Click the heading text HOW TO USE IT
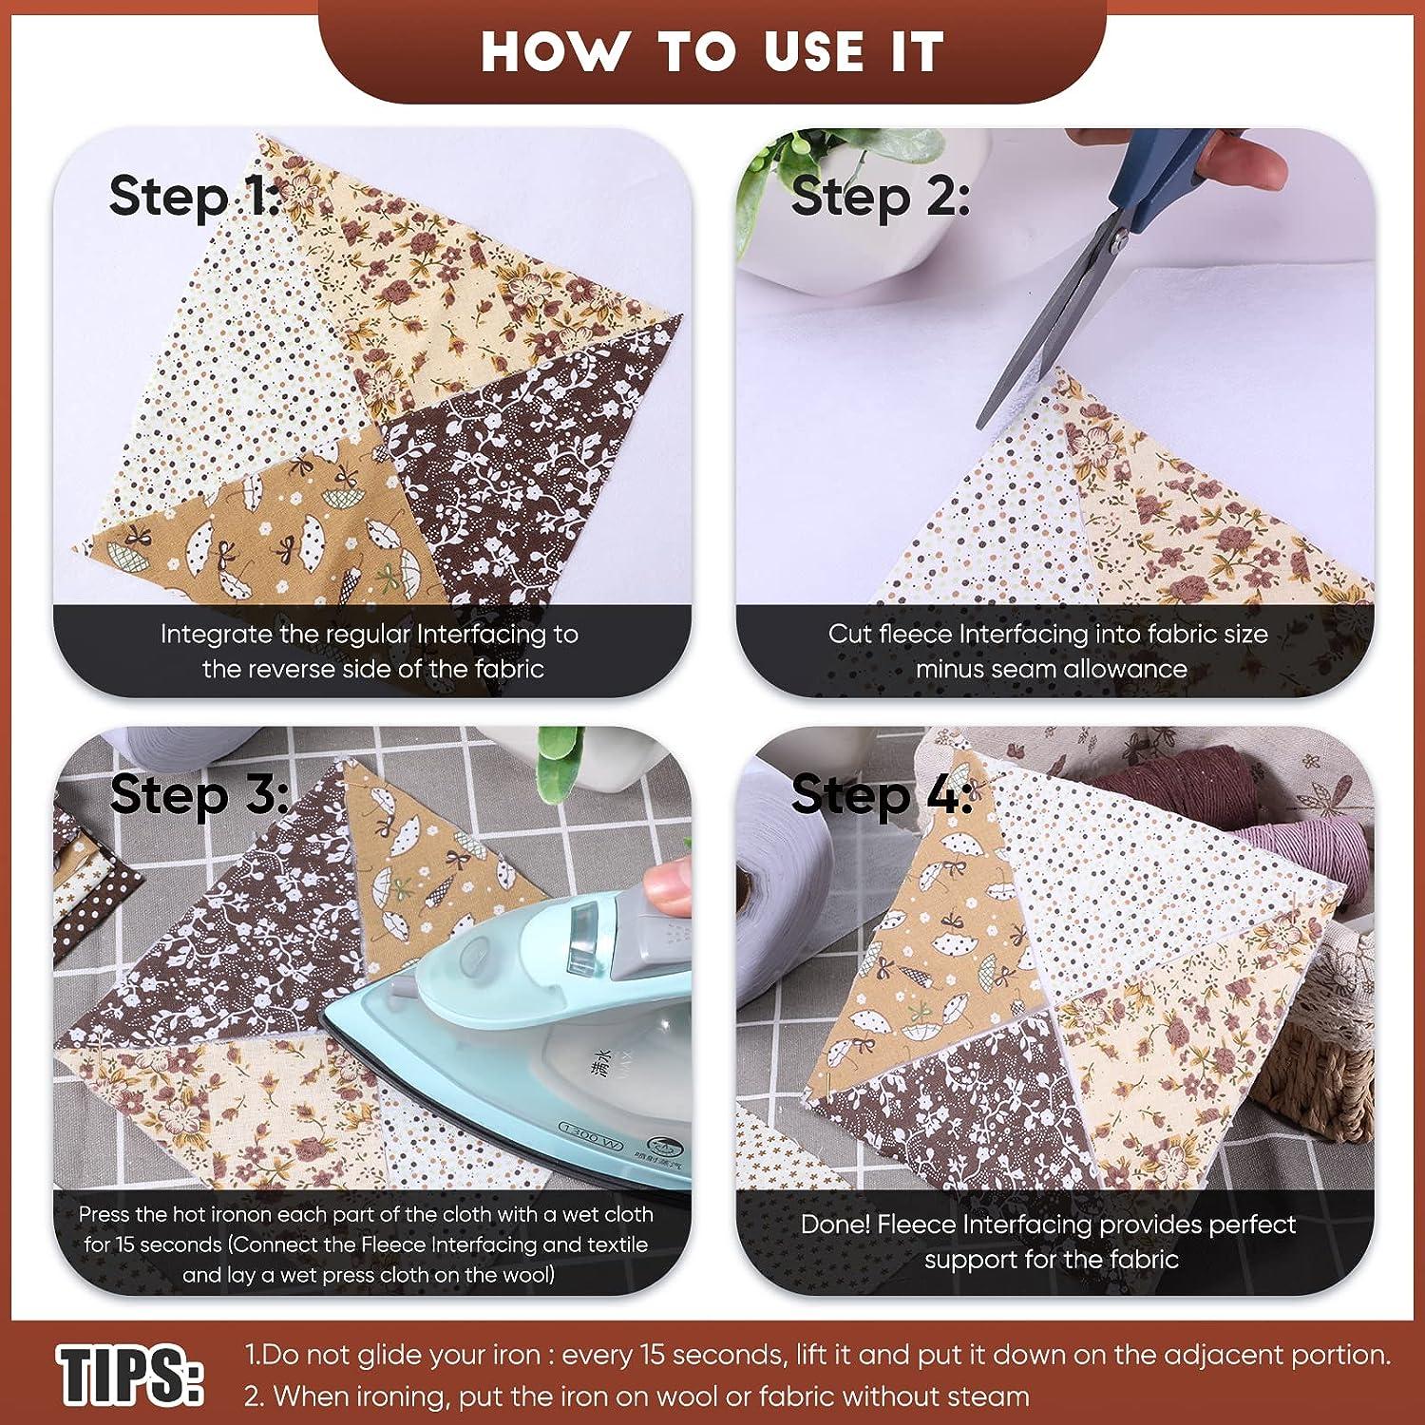coord(712,51)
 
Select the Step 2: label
coord(879,197)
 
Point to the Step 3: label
coord(198,794)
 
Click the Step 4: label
coord(881,794)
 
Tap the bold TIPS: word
coord(129,1374)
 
